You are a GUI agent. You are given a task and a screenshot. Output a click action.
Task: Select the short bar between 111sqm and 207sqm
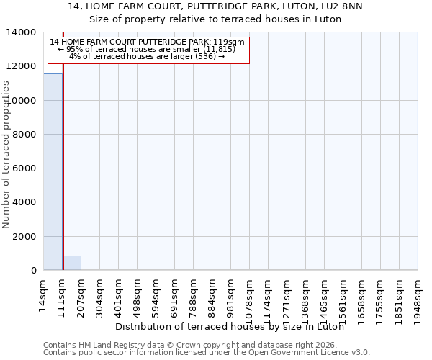pyautogui.click(x=71, y=263)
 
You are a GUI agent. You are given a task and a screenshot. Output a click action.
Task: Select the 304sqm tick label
pyautogui.click(x=99, y=295)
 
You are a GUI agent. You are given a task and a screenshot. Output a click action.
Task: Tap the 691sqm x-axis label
pyautogui.click(x=174, y=295)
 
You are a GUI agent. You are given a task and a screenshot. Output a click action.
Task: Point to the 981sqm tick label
pyautogui.click(x=230, y=295)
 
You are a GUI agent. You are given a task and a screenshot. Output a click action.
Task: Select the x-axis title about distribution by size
pyautogui.click(x=230, y=327)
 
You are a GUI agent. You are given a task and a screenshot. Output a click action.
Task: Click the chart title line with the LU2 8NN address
pyautogui.click(x=215, y=6)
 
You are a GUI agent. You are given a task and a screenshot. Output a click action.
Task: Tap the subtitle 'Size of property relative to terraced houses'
pyautogui.click(x=215, y=19)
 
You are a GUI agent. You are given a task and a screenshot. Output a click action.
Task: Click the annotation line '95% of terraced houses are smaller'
pyautogui.click(x=147, y=49)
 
